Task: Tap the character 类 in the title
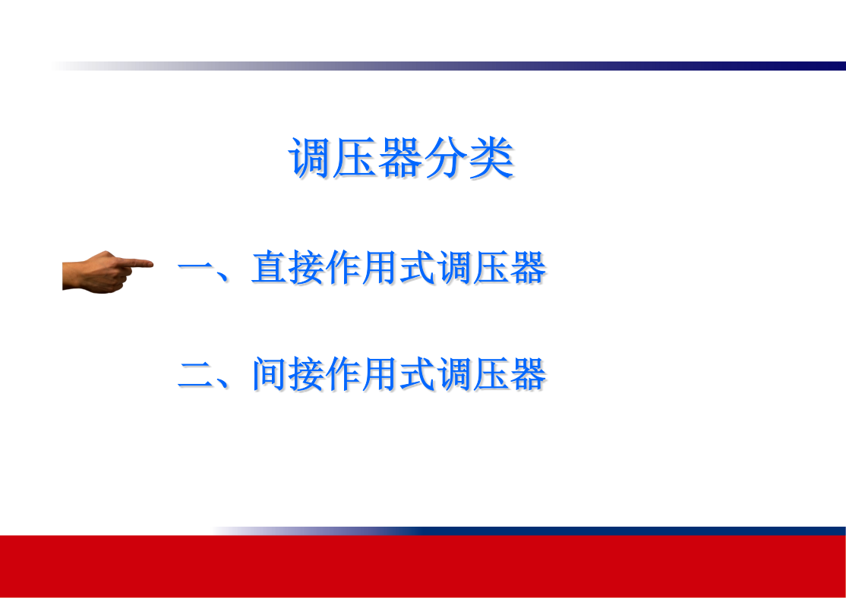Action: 491,157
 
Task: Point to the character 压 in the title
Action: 355,157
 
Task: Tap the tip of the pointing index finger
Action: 152,263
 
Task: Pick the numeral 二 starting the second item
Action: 196,373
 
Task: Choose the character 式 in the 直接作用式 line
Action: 416,267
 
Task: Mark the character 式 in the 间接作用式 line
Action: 416,373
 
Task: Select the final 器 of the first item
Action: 527,267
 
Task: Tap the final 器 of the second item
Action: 527,373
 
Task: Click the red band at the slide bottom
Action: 423,566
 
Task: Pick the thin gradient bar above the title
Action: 449,66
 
